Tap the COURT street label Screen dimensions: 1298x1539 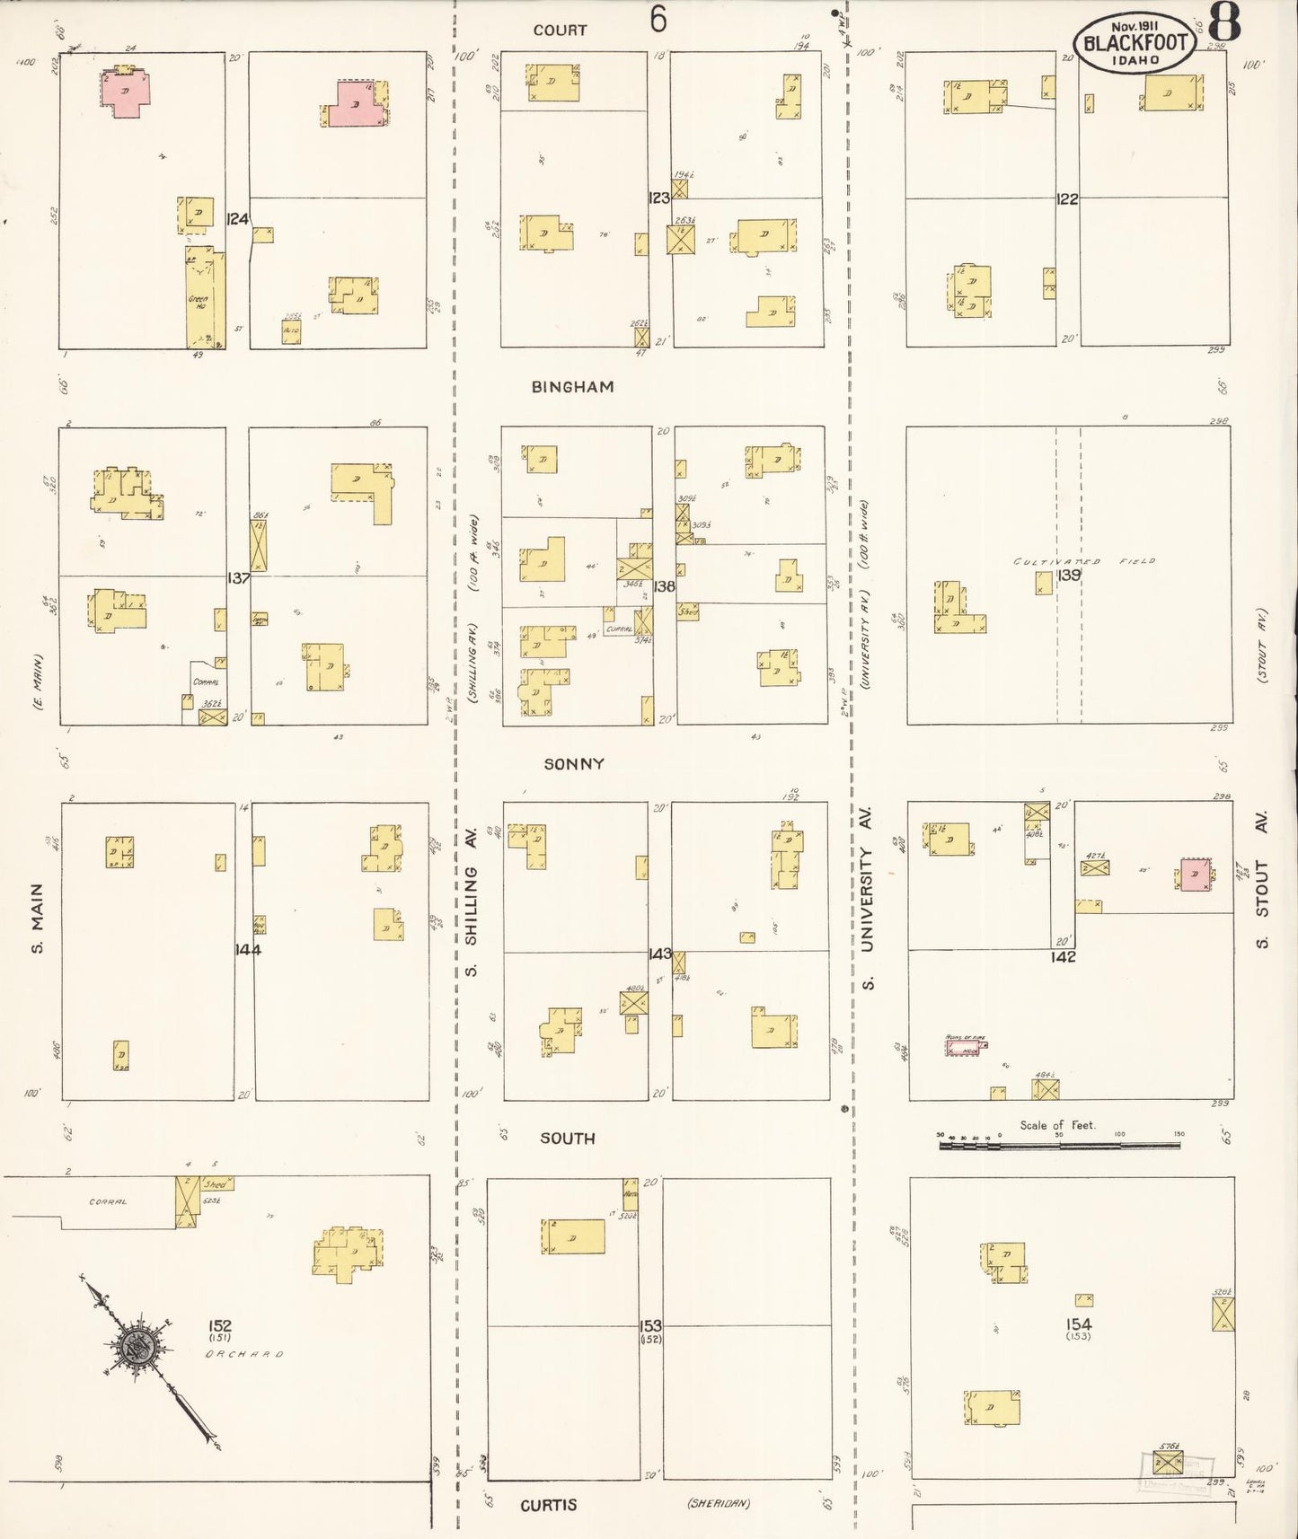click(x=560, y=31)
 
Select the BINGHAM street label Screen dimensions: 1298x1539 click(x=572, y=387)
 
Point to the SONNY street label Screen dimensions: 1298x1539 click(x=573, y=764)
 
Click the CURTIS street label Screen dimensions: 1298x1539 click(x=548, y=1505)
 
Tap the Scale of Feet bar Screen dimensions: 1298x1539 click(x=1060, y=1145)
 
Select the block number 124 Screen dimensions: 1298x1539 click(x=237, y=218)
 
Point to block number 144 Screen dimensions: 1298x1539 click(x=247, y=949)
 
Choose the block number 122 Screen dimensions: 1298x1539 click(x=1066, y=199)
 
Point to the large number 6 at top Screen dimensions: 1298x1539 click(x=658, y=18)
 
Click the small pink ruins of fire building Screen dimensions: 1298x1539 click(x=964, y=1046)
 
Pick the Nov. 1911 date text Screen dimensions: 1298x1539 click(x=1135, y=26)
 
